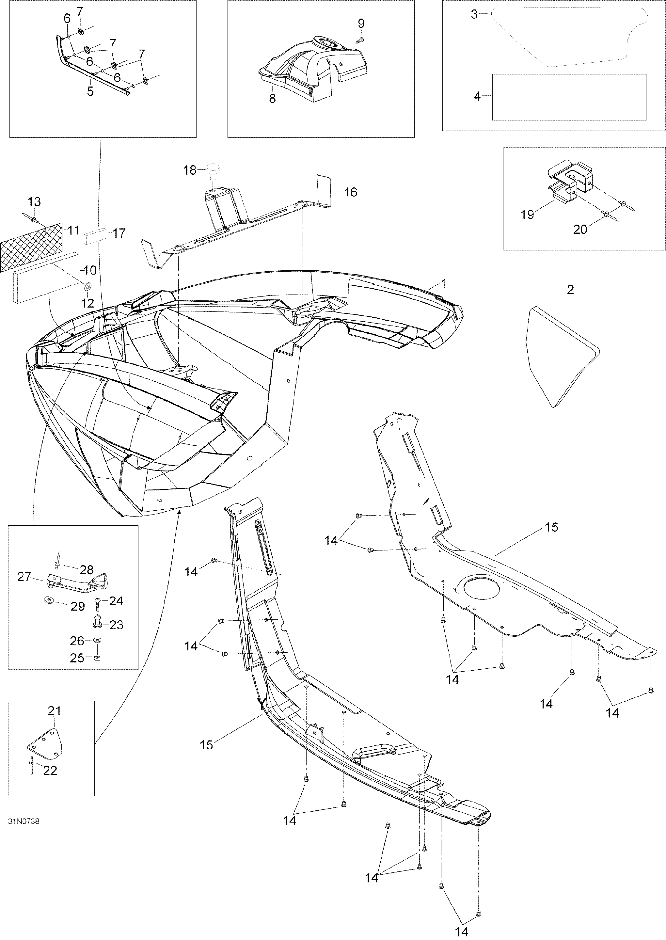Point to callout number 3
pos(569,97)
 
